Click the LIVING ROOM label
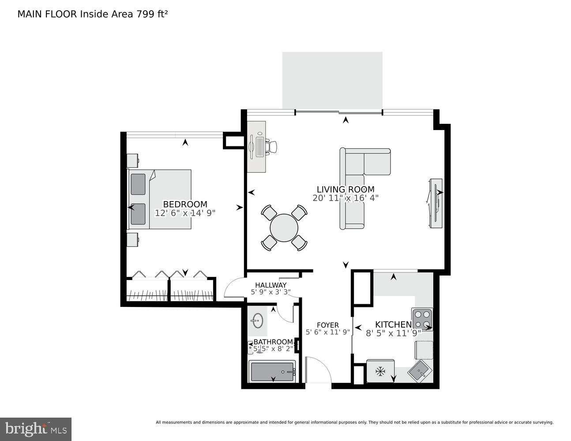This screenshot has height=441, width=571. coord(345,190)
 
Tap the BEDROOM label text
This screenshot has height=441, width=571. coord(185,204)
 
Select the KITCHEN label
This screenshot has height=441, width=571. coord(393,325)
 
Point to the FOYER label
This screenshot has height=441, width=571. coord(327,325)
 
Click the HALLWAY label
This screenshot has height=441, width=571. coord(270,285)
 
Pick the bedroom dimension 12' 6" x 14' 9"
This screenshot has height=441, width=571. coord(185,213)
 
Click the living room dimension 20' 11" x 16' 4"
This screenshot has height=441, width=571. coord(345,198)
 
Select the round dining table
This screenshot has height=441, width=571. coord(284,228)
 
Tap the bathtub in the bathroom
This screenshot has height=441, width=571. coord(273,371)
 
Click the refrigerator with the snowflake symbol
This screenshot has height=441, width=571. coord(380,371)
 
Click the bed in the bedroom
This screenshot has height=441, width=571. coord(160,199)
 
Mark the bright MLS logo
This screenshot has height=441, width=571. coord(36,429)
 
